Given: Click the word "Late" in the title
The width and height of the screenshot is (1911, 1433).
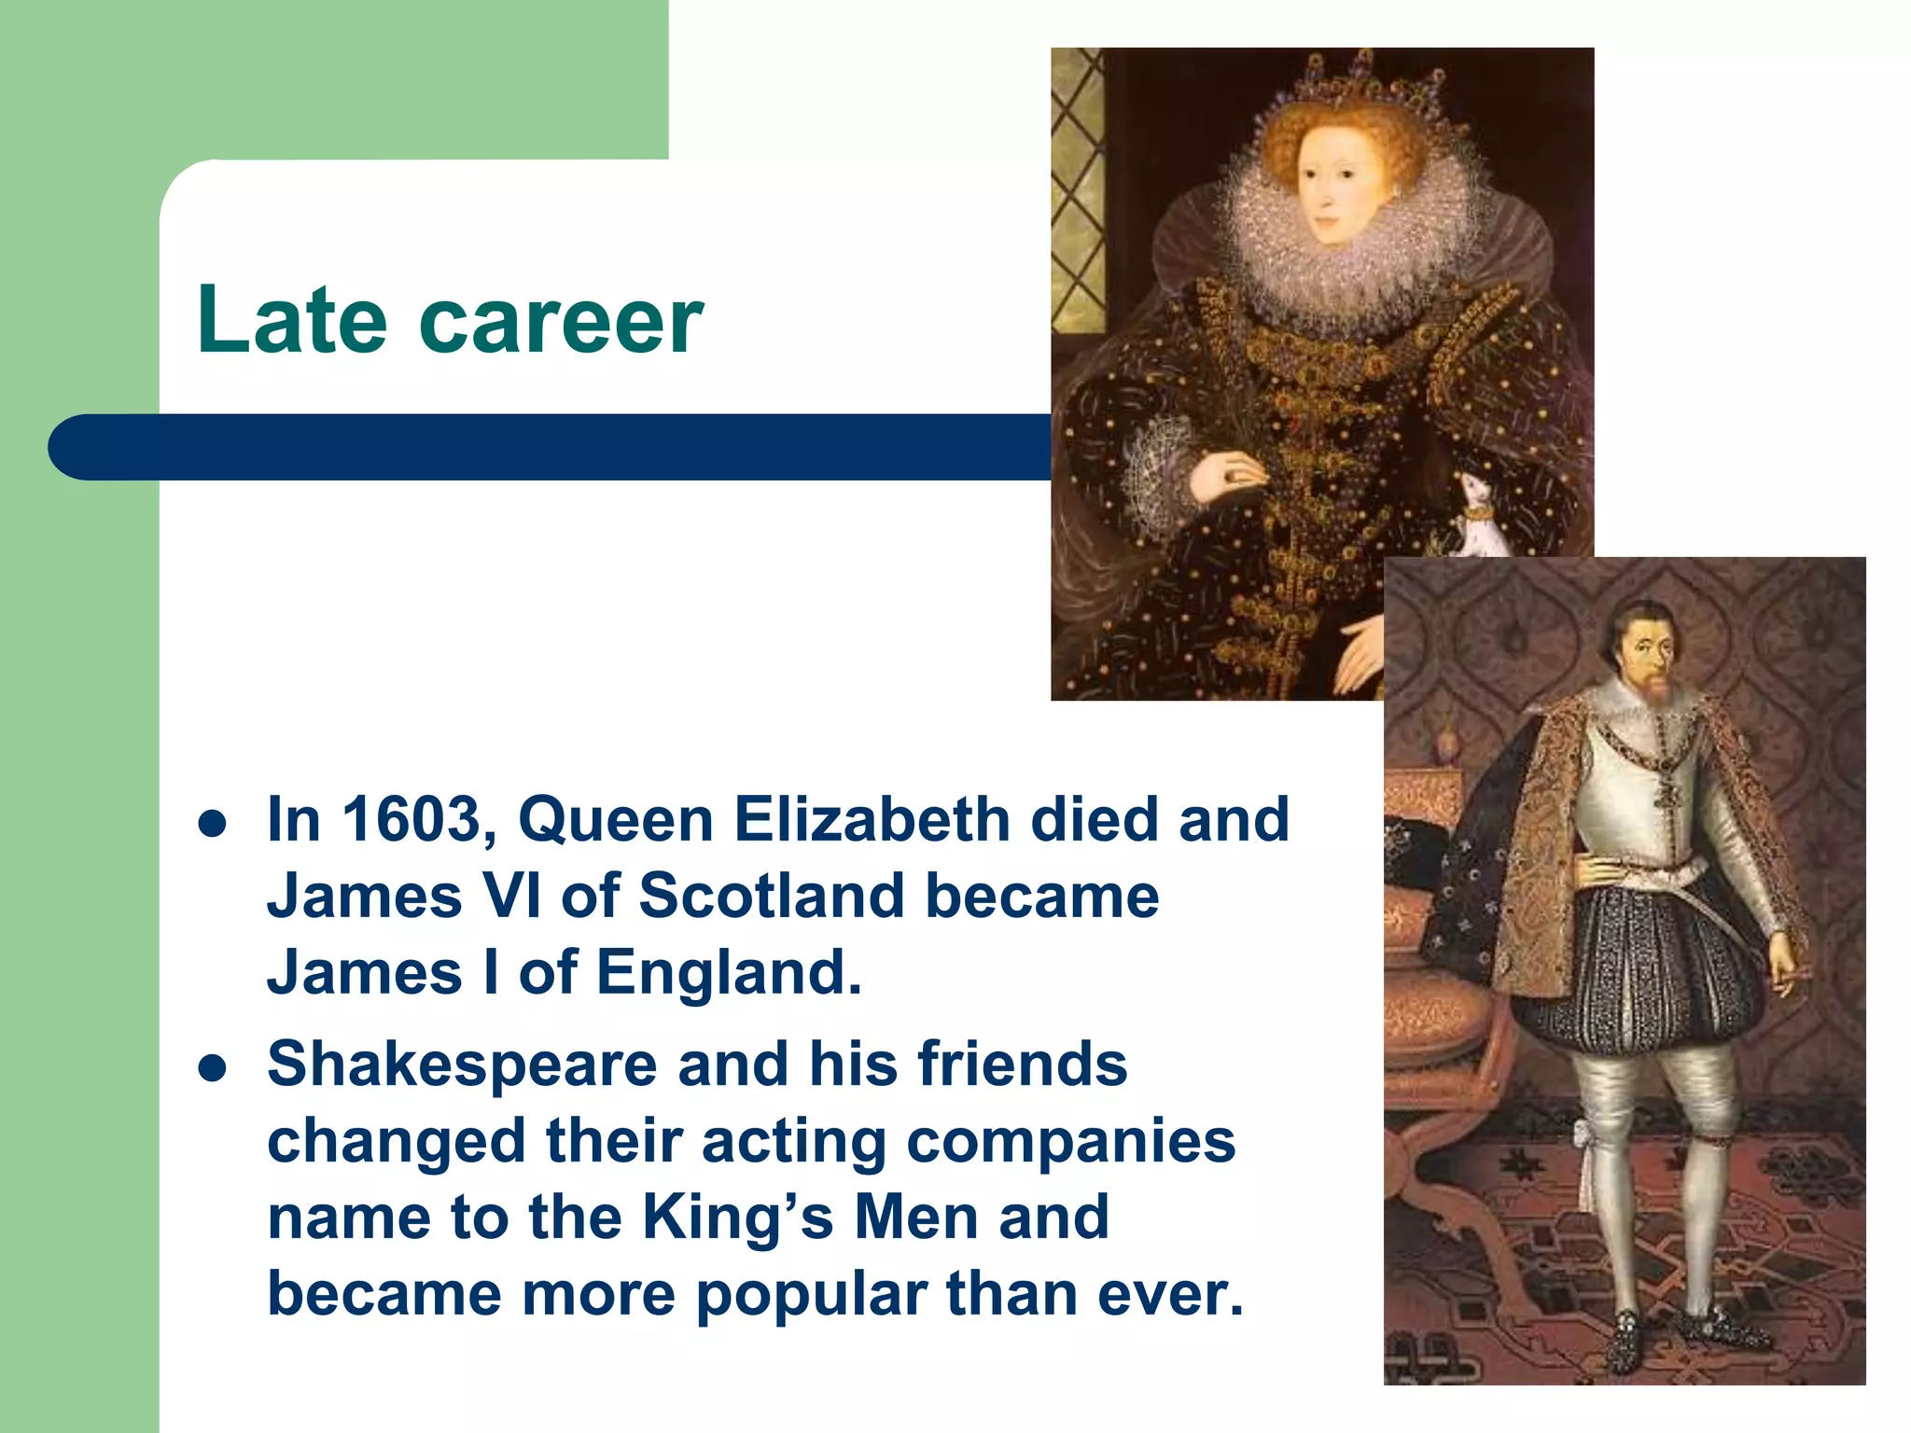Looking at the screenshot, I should pyautogui.click(x=291, y=320).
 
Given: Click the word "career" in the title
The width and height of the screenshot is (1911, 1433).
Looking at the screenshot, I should pyautogui.click(x=561, y=322).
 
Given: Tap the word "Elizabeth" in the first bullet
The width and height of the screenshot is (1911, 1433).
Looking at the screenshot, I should pyautogui.click(x=871, y=819).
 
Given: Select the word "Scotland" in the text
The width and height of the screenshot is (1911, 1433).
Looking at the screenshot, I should pyautogui.click(x=771, y=896).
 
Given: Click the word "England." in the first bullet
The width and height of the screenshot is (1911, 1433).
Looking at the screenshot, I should pyautogui.click(x=728, y=972).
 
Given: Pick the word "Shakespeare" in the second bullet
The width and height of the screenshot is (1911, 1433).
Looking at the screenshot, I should pyautogui.click(x=462, y=1064).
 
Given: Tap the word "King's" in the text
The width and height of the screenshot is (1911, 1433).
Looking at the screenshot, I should pyautogui.click(x=737, y=1217).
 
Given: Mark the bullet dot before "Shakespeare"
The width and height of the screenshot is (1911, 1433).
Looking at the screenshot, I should pyautogui.click(x=213, y=1068).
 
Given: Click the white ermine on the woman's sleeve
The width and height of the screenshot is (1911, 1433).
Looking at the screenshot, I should pyautogui.click(x=1476, y=522).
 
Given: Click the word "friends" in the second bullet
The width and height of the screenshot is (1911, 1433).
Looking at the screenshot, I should pyautogui.click(x=1022, y=1064).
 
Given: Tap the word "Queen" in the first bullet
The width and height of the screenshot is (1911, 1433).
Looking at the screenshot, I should pyautogui.click(x=615, y=819).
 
